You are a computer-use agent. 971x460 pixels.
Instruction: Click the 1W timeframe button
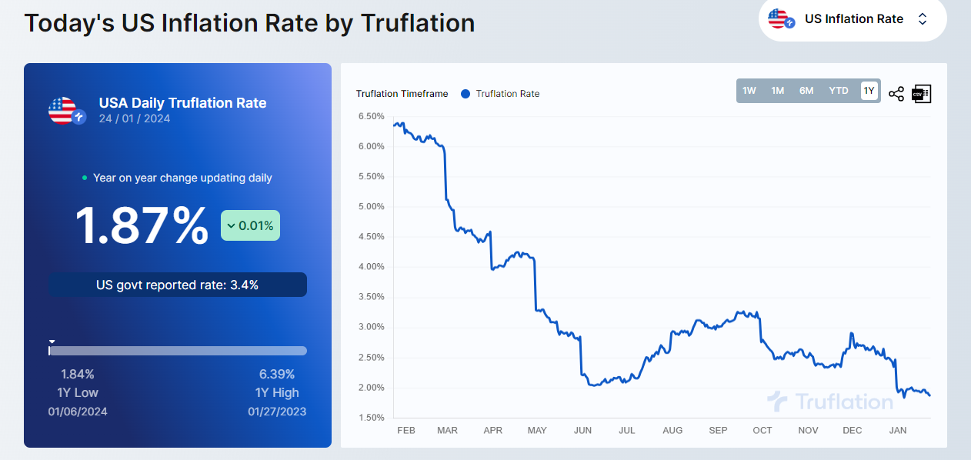coord(749,91)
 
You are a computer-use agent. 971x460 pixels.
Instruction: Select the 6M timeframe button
coord(806,91)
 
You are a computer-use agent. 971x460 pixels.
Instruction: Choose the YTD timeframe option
coord(838,91)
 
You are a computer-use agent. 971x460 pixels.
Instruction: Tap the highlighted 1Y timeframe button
coord(869,91)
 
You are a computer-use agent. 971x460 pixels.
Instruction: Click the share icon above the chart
coord(896,94)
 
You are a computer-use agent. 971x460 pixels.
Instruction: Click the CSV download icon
coord(921,94)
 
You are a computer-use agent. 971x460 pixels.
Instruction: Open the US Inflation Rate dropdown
coord(853,19)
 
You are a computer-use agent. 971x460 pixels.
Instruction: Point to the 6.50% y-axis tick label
coord(371,116)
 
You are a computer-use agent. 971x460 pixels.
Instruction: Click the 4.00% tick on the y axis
coord(371,267)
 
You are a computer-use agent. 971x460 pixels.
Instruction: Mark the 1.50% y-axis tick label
coord(371,418)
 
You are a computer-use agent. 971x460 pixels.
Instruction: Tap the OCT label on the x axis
coord(762,431)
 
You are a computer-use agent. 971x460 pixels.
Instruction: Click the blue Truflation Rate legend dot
coord(465,94)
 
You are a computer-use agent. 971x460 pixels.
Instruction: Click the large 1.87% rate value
coord(141,226)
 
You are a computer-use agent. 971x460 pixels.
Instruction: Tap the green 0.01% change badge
coord(250,226)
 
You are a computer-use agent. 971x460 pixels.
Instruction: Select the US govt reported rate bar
coord(178,285)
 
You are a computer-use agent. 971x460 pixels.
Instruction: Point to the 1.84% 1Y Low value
coord(78,375)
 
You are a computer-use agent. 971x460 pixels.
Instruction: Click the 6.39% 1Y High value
coord(277,375)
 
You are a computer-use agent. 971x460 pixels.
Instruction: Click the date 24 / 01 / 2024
coord(135,118)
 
